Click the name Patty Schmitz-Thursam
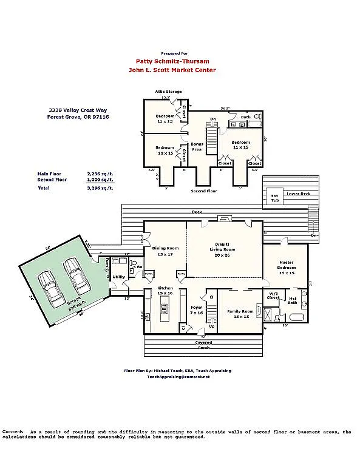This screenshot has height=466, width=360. tap(172, 61)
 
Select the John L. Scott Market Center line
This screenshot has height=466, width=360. tap(172, 70)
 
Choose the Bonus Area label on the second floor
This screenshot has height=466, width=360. tap(197, 146)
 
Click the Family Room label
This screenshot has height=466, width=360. tap(239, 314)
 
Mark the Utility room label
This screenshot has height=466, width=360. tap(118, 277)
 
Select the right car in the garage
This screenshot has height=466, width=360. tap(77, 276)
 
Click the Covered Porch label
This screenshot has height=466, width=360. tap(204, 345)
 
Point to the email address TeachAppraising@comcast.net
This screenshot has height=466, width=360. tap(178, 377)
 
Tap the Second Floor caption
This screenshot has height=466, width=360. tap(203, 191)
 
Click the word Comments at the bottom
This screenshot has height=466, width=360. tap(13, 432)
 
